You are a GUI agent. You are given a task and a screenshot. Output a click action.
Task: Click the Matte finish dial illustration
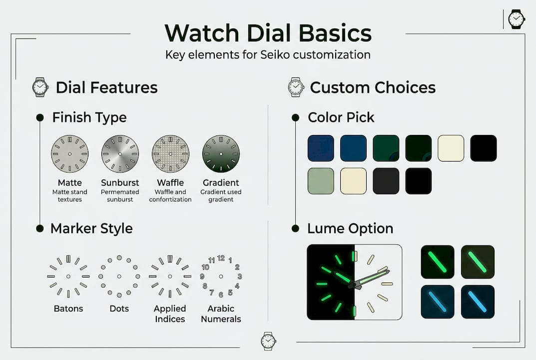pos(69,154)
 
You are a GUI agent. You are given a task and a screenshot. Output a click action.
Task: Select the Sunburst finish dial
pos(120,154)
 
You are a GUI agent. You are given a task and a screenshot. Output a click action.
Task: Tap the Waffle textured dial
pos(170,154)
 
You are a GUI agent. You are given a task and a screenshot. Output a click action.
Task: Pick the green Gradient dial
pos(221,154)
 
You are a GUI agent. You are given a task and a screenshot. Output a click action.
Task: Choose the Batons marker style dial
pos(68,276)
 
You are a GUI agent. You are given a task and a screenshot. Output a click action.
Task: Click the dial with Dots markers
pos(119,276)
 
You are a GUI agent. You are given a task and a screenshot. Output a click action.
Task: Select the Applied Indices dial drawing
pos(170,276)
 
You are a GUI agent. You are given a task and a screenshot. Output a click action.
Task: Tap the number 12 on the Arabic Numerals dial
pos(221,258)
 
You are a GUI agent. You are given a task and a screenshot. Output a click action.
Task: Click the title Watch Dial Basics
pos(268,33)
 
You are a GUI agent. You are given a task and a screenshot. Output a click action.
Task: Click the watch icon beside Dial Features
pos(40,87)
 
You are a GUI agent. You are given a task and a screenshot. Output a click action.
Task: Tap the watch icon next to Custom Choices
pos(296,87)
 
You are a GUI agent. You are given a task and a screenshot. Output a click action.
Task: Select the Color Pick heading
pos(341,117)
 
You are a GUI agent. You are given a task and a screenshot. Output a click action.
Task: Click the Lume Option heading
pos(350,228)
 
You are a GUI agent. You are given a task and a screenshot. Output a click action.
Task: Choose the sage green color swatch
pos(321,180)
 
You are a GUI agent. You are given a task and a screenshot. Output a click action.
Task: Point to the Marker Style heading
pos(91,228)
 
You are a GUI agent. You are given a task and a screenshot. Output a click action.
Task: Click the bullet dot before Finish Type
pos(40,117)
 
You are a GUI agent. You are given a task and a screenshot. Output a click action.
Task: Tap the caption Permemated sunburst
pos(120,195)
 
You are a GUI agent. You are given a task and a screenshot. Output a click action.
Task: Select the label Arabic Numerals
pos(221,314)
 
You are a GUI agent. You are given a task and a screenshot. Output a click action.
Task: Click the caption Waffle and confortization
pos(170,195)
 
